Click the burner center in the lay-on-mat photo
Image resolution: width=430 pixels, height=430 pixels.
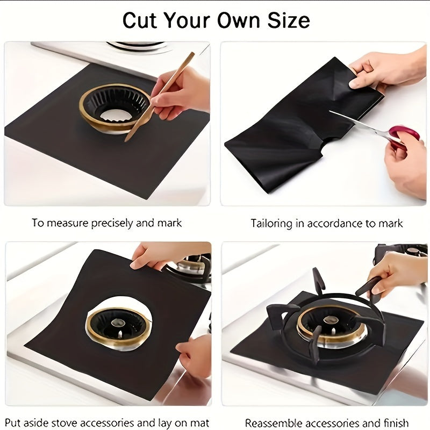pyautogui.click(x=119, y=323)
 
